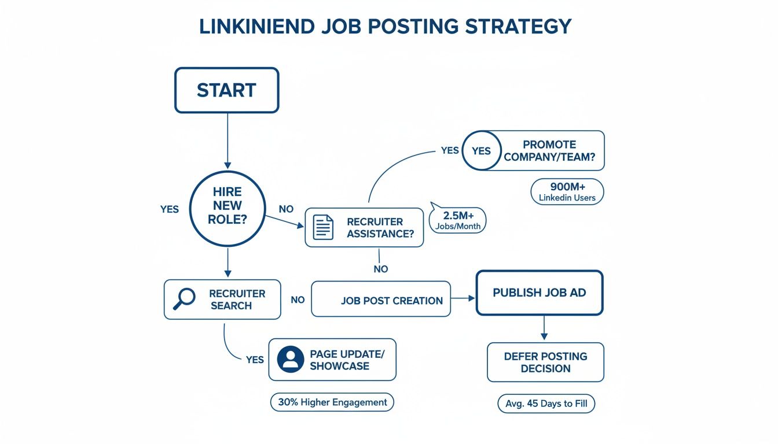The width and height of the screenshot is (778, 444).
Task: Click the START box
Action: tap(226, 90)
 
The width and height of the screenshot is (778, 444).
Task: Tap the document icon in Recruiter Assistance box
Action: tap(323, 227)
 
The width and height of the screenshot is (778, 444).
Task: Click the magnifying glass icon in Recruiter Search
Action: tap(184, 299)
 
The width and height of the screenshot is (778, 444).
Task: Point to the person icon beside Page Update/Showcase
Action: tap(290, 360)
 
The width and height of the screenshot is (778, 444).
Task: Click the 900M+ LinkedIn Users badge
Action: tap(567, 191)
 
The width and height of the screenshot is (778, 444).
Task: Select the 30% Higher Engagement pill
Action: tap(332, 402)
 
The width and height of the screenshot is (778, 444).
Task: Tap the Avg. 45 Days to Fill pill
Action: tap(546, 404)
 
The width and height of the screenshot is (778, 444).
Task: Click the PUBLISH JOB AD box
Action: tap(539, 293)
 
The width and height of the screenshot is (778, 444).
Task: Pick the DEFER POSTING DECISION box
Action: tap(545, 362)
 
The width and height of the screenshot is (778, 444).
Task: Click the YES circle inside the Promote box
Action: tap(480, 151)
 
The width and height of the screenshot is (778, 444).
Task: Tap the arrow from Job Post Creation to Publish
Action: tap(463, 298)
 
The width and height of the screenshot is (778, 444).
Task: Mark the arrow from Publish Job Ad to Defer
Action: tap(544, 328)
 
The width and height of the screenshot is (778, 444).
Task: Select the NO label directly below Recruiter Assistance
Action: tap(380, 269)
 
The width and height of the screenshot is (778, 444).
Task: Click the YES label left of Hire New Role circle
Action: tap(170, 209)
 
